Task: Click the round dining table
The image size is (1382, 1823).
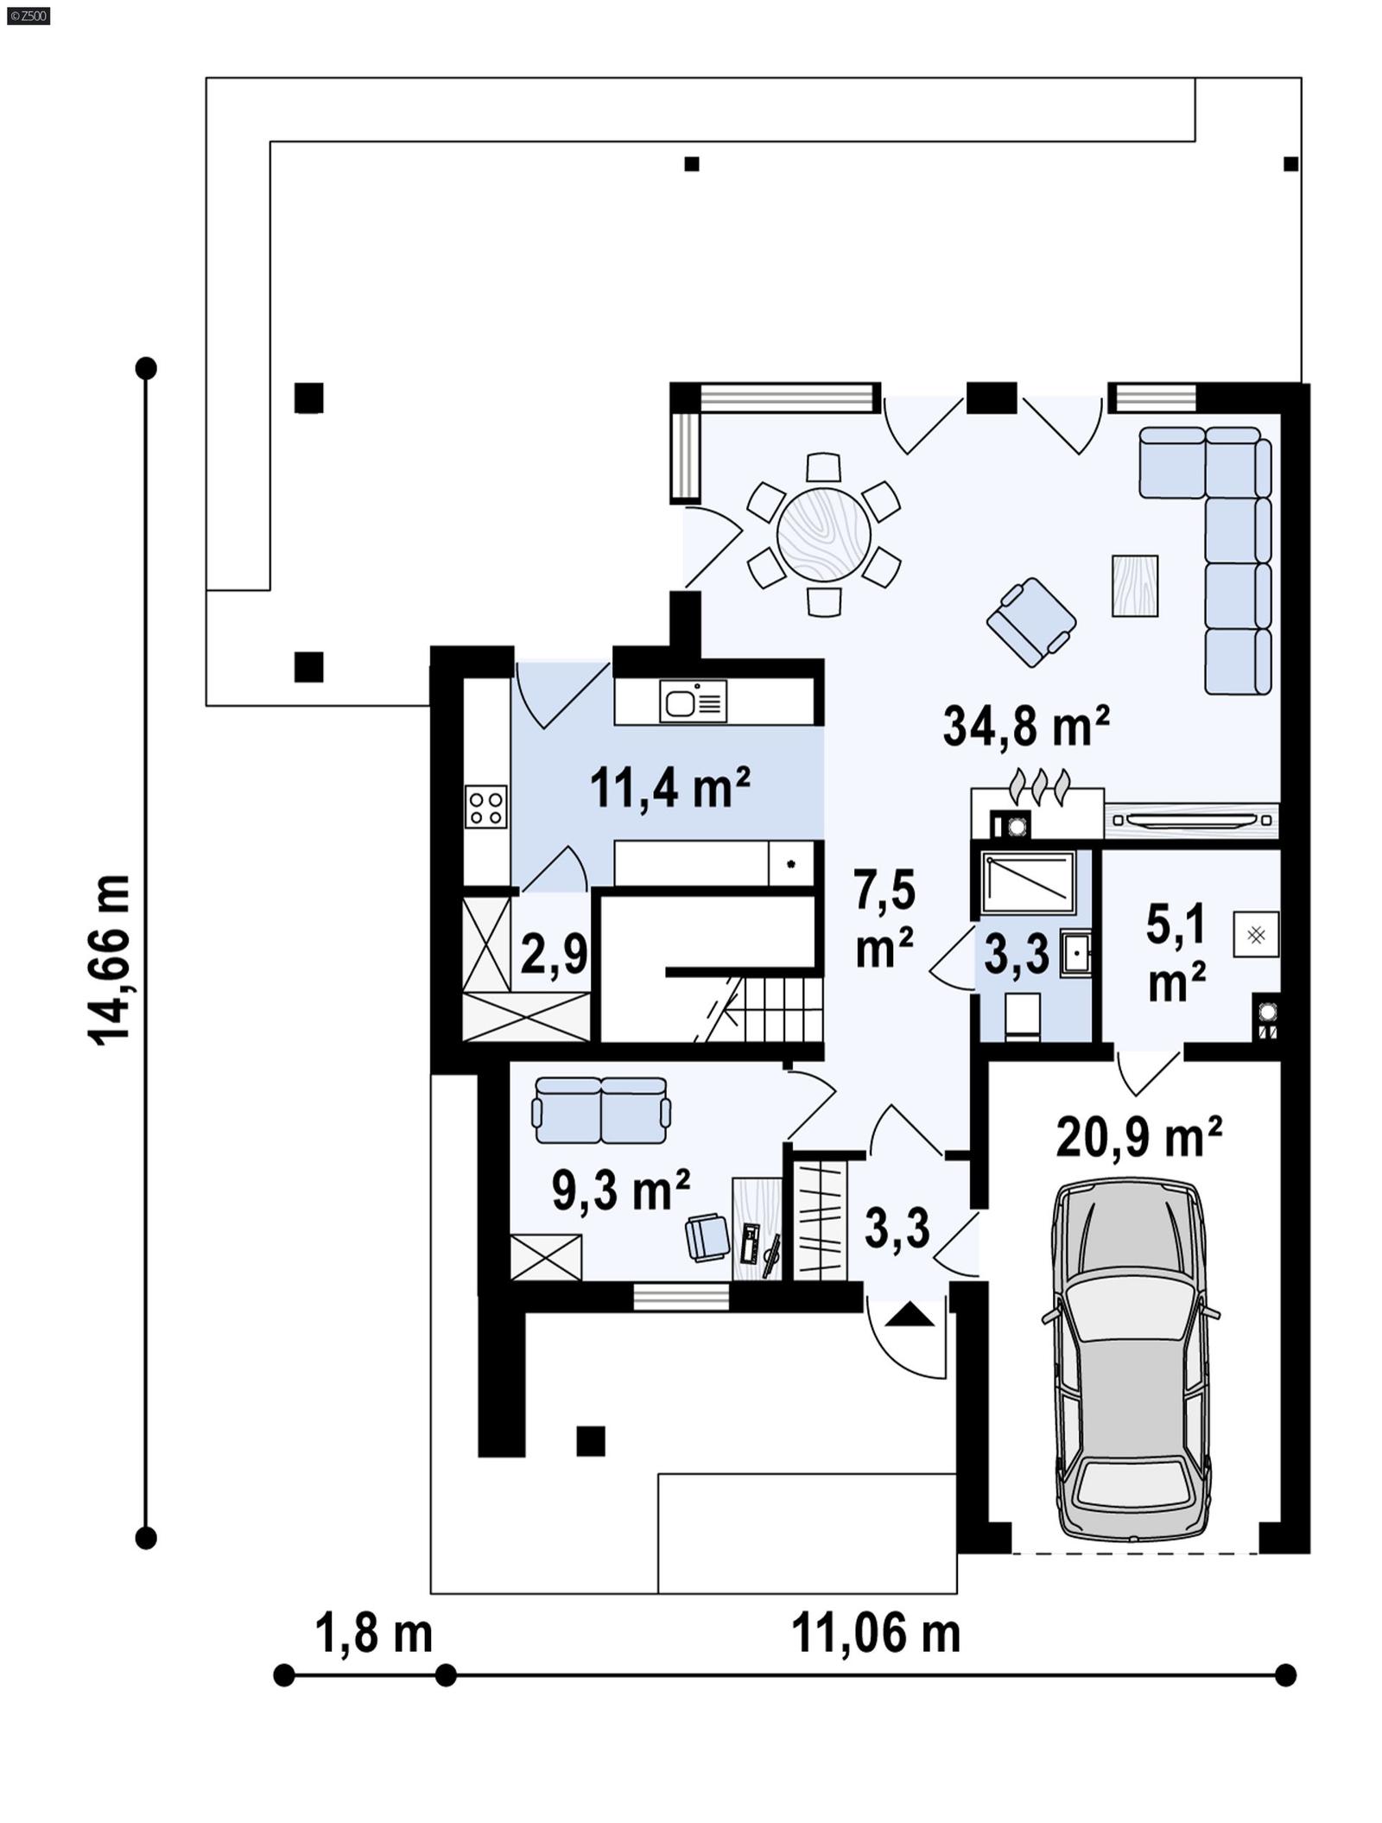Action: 823,534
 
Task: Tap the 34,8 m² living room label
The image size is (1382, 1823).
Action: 1025,726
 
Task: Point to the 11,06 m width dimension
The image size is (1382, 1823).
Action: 875,1634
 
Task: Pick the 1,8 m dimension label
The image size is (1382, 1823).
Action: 373,1634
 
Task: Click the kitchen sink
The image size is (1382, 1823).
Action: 692,701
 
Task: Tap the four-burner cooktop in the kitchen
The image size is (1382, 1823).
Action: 485,807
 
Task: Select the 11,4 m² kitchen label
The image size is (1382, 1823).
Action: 669,787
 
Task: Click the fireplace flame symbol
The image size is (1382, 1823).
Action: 1040,785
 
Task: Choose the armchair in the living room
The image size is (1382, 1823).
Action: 1031,622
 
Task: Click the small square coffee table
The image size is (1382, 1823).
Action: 1134,586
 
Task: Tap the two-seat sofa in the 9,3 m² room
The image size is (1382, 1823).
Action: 601,1110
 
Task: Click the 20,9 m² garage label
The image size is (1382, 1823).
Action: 1138,1136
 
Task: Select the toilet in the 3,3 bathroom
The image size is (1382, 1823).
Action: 1023,1016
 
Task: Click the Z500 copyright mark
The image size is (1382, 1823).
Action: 28,15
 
